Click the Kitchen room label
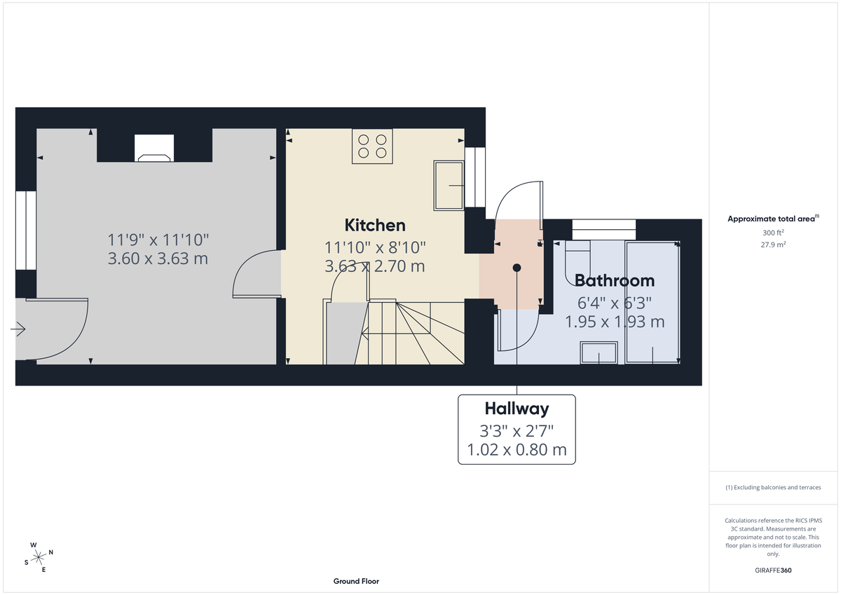pyautogui.click(x=375, y=225)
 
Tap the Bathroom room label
pyautogui.click(x=615, y=280)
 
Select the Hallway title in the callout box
pyautogui.click(x=517, y=409)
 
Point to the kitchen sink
pyautogui.click(x=449, y=185)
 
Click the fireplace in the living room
pyautogui.click(x=155, y=149)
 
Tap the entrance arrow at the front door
pyautogui.click(x=18, y=329)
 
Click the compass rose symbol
pyautogui.click(x=37, y=557)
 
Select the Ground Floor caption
pyautogui.click(x=356, y=581)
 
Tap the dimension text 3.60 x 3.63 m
pyautogui.click(x=158, y=259)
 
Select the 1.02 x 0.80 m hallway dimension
pyautogui.click(x=517, y=450)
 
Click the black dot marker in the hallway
pyautogui.click(x=517, y=268)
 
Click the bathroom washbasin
pyautogui.click(x=599, y=353)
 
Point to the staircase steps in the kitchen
pyautogui.click(x=413, y=333)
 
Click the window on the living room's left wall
pyautogui.click(x=26, y=230)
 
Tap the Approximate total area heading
pyautogui.click(x=773, y=219)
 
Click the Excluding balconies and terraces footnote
pyautogui.click(x=773, y=487)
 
